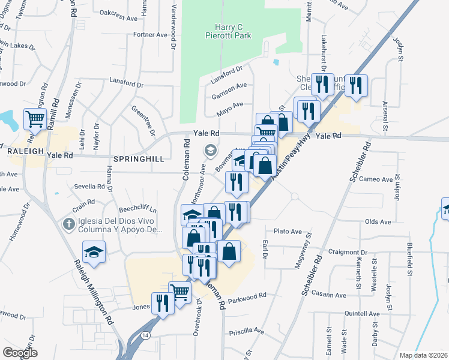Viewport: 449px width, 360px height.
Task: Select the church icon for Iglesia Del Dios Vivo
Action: [70, 224]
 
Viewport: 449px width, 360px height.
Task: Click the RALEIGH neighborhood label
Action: [22, 152]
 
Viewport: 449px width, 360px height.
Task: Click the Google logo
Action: [20, 352]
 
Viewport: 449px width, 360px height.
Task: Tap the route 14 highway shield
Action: [146, 336]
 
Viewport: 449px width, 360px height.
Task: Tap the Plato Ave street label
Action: [287, 231]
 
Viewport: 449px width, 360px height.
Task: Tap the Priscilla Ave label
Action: [246, 331]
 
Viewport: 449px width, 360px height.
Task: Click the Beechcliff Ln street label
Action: [137, 210]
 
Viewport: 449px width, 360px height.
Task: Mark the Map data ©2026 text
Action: [423, 355]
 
